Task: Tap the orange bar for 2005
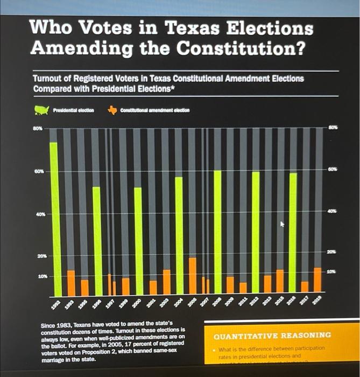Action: click(192, 275)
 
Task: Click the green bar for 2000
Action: click(138, 240)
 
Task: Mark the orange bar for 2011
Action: click(243, 288)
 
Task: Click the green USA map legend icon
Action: click(41, 110)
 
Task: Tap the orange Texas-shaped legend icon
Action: click(112, 110)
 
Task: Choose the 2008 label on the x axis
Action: click(215, 303)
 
